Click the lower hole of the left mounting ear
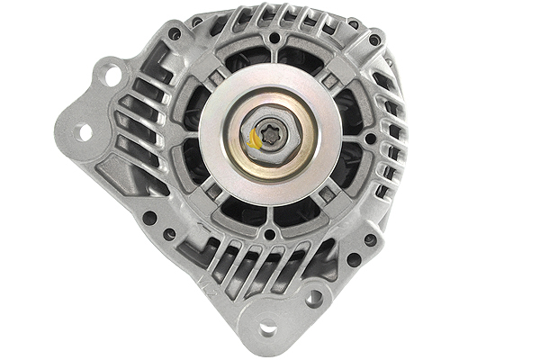[85, 131]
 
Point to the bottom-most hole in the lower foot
[267, 328]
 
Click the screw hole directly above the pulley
[271, 39]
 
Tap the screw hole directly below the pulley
[269, 236]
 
